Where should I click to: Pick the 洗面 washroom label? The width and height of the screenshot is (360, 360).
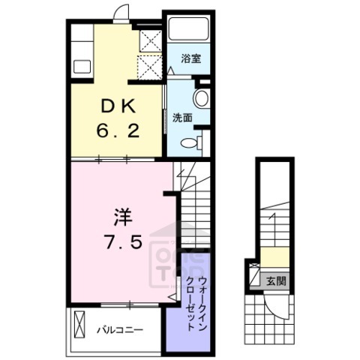[x=181, y=118]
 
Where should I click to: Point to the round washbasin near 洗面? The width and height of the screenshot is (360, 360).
[x=202, y=99]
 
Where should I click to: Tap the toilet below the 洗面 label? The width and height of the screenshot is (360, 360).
[x=192, y=144]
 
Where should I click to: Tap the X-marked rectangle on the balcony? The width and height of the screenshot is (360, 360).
[x=79, y=327]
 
